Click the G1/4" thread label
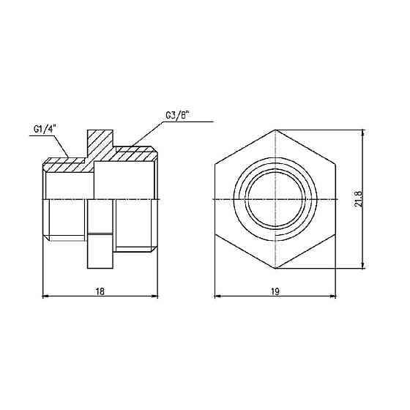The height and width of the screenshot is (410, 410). tap(45, 129)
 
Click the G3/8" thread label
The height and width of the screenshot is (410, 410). tap(177, 116)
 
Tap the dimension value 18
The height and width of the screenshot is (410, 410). tap(100, 291)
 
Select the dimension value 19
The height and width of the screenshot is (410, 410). tap(275, 291)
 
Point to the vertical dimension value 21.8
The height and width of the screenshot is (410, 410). tap(358, 199)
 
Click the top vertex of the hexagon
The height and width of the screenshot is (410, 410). tap(275, 130)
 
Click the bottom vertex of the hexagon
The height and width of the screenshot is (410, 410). tap(275, 269)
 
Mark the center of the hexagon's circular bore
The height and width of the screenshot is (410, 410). tap(275, 199)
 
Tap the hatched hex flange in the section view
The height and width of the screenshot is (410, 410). tap(100, 146)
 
